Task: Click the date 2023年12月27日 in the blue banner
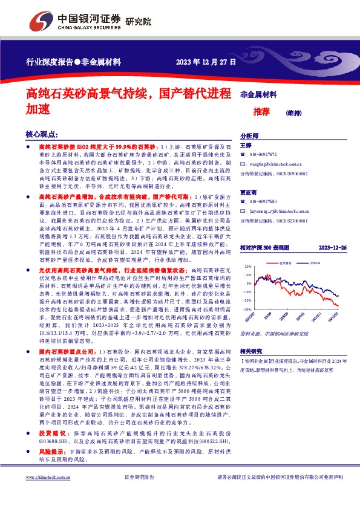[x=206, y=62]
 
